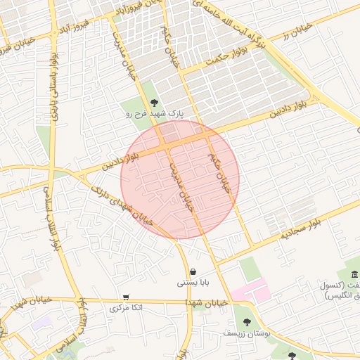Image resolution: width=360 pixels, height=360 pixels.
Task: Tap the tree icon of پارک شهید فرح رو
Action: [155, 102]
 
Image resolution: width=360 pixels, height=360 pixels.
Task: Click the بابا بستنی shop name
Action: [192, 283]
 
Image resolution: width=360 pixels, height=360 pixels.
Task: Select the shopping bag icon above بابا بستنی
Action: [193, 272]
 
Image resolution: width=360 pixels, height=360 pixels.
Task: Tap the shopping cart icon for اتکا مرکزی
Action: [126, 297]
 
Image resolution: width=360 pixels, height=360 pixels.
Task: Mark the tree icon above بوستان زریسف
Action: [246, 321]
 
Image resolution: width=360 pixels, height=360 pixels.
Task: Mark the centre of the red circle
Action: [180, 179]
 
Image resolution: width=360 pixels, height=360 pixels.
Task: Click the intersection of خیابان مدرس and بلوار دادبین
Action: [167, 146]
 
